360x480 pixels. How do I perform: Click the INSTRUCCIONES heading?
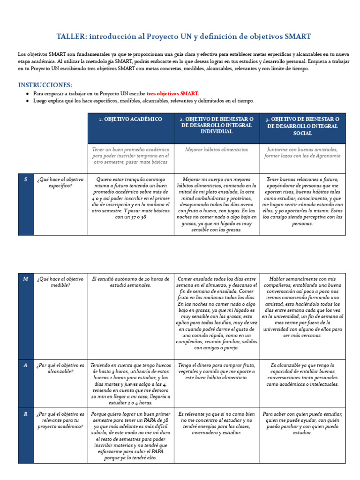tap(45, 85)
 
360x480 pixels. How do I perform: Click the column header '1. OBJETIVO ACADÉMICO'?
tap(130, 120)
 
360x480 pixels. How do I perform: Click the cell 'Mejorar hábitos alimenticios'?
tap(217, 150)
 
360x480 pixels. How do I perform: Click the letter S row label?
tap(26, 180)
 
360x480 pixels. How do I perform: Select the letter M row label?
tap(26, 279)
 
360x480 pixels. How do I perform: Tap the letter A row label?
tap(26, 365)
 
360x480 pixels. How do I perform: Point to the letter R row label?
tap(26, 414)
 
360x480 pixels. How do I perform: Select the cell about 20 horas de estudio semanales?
tap(130, 282)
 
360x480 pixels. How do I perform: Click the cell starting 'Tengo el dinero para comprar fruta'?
tap(217, 371)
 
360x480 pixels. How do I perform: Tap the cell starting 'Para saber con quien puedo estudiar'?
tap(302, 423)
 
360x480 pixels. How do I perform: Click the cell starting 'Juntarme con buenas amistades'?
tap(302, 153)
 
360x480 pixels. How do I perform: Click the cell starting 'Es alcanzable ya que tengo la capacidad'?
tap(302, 375)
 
